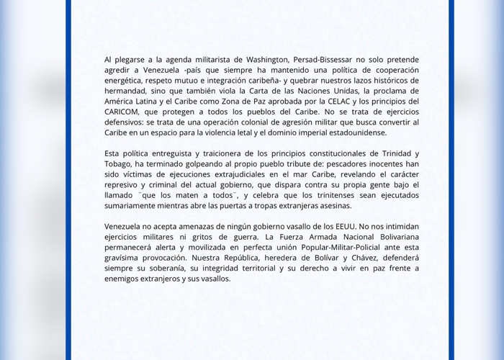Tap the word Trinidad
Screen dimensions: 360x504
(395, 153)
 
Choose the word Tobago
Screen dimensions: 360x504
(120, 164)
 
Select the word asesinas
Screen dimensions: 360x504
(331, 206)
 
